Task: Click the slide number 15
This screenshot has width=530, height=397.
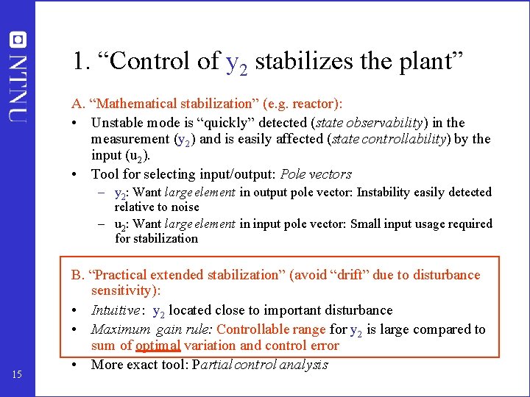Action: coord(18,376)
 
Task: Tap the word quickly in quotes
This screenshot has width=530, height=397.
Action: coord(233,123)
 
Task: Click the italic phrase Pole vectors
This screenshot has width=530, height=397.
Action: coord(317,174)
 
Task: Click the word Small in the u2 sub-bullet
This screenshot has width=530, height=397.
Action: coord(367,223)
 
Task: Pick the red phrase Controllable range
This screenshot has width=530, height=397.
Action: coord(271,329)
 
